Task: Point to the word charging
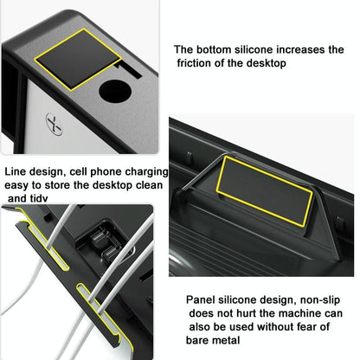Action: [142, 171]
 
